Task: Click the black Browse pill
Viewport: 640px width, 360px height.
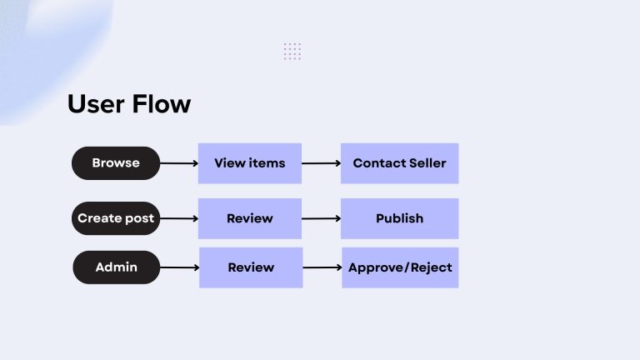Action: (116, 163)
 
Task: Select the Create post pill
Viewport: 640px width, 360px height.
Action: (116, 218)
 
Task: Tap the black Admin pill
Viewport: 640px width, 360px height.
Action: (116, 267)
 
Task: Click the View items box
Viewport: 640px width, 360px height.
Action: (249, 163)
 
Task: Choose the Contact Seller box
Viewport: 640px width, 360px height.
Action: (399, 163)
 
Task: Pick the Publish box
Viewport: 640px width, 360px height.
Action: (399, 218)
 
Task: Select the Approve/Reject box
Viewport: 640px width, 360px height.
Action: (400, 267)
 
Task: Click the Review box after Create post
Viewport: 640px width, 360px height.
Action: (249, 218)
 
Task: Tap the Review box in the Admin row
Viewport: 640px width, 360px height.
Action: (250, 267)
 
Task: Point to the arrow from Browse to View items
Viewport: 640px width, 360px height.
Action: (178, 163)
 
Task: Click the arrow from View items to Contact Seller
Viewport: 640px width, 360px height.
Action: (321, 163)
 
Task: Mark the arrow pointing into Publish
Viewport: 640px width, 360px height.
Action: (321, 218)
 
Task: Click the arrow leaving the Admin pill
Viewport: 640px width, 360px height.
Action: (178, 267)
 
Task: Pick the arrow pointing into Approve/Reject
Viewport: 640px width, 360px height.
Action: (322, 267)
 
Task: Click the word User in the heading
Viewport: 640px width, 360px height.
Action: (95, 104)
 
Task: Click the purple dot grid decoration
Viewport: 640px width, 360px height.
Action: (292, 51)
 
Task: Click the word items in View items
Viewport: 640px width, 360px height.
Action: (267, 163)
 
